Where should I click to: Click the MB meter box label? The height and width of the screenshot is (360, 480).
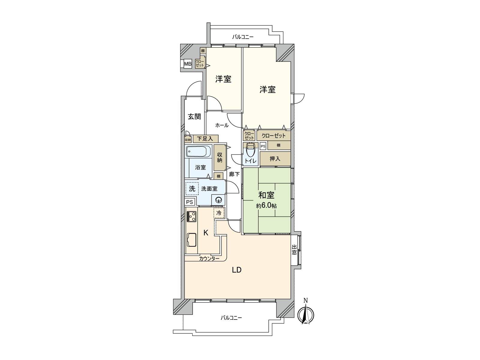[x=188, y=64]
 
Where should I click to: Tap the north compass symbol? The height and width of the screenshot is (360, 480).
[x=306, y=314]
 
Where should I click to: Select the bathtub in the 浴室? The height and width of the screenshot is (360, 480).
[x=199, y=151]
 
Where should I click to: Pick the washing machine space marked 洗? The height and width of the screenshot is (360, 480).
[x=192, y=188]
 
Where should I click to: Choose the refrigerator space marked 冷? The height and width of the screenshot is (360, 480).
[x=219, y=213]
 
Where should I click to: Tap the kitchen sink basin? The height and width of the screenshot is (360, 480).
[x=192, y=240]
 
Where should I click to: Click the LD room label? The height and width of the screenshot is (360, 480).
[x=237, y=270]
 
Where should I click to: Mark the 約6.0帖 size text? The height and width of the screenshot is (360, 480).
[x=266, y=206]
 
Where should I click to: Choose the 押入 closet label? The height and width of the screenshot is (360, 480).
[x=275, y=159]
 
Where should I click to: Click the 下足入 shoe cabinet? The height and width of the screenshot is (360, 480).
[x=205, y=139]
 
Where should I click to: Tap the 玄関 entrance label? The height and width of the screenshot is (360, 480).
[x=194, y=116]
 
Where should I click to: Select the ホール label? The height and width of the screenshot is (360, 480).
[x=222, y=125]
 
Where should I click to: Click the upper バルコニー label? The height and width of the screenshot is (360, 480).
[x=243, y=37]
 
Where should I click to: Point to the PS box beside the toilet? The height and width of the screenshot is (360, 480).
[x=263, y=146]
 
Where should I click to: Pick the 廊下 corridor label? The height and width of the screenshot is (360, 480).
[x=234, y=174]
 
